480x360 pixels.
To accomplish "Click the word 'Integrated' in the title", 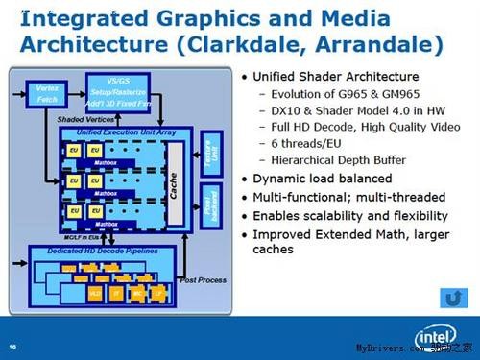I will (x=83, y=16).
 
